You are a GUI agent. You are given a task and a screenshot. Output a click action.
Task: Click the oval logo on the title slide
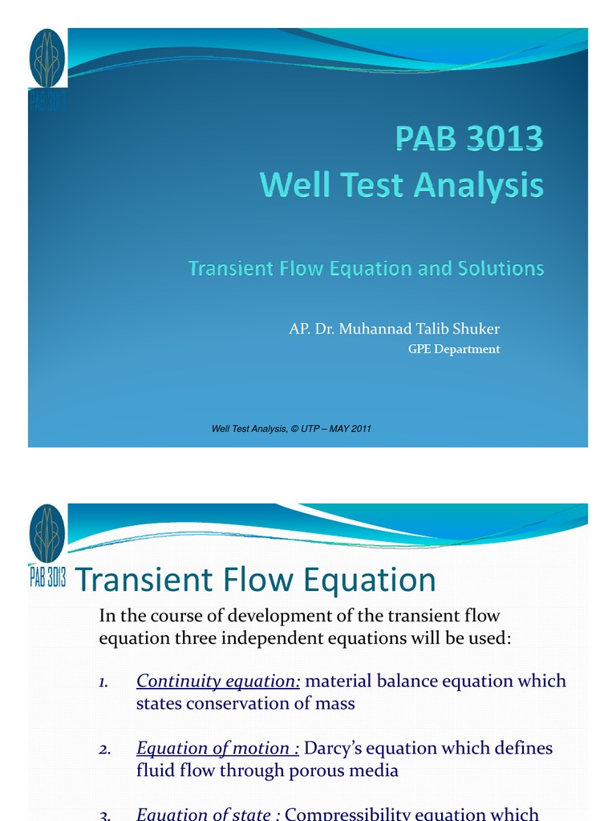[47, 59]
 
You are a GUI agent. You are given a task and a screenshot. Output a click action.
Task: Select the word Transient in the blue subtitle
[229, 268]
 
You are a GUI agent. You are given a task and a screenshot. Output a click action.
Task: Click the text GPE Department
[454, 349]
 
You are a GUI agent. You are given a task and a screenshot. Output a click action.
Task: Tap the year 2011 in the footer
[359, 429]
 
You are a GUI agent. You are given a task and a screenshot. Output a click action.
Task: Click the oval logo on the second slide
[47, 534]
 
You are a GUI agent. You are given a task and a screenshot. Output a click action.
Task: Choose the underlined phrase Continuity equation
[218, 681]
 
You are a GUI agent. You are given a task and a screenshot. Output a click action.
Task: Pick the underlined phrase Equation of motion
[217, 748]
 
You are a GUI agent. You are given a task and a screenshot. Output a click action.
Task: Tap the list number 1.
[103, 681]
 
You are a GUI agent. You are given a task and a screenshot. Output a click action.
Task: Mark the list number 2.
[104, 749]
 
